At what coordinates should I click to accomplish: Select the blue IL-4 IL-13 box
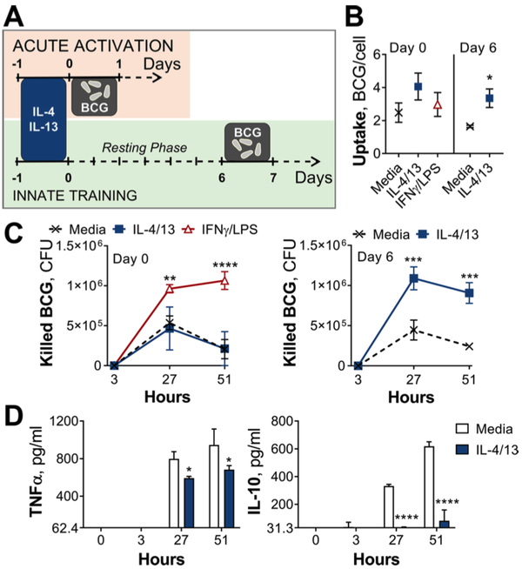pos(42,114)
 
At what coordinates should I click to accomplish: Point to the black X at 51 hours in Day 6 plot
pos(469,346)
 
